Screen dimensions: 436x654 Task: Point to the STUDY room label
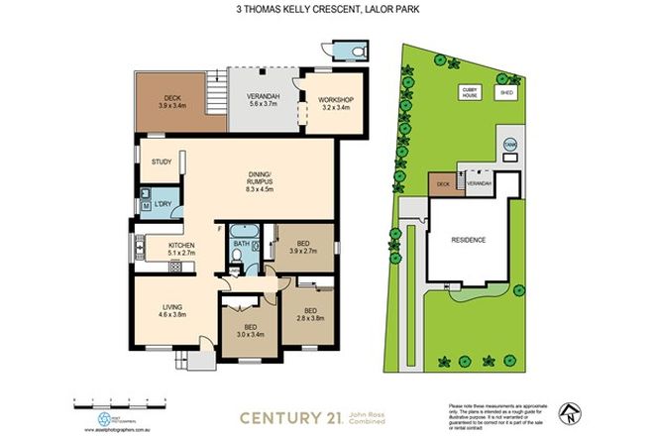(x=162, y=163)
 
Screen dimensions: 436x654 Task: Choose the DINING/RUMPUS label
(x=262, y=183)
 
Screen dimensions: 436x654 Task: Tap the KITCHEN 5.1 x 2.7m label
(x=180, y=249)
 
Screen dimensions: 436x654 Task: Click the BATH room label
(x=242, y=243)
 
